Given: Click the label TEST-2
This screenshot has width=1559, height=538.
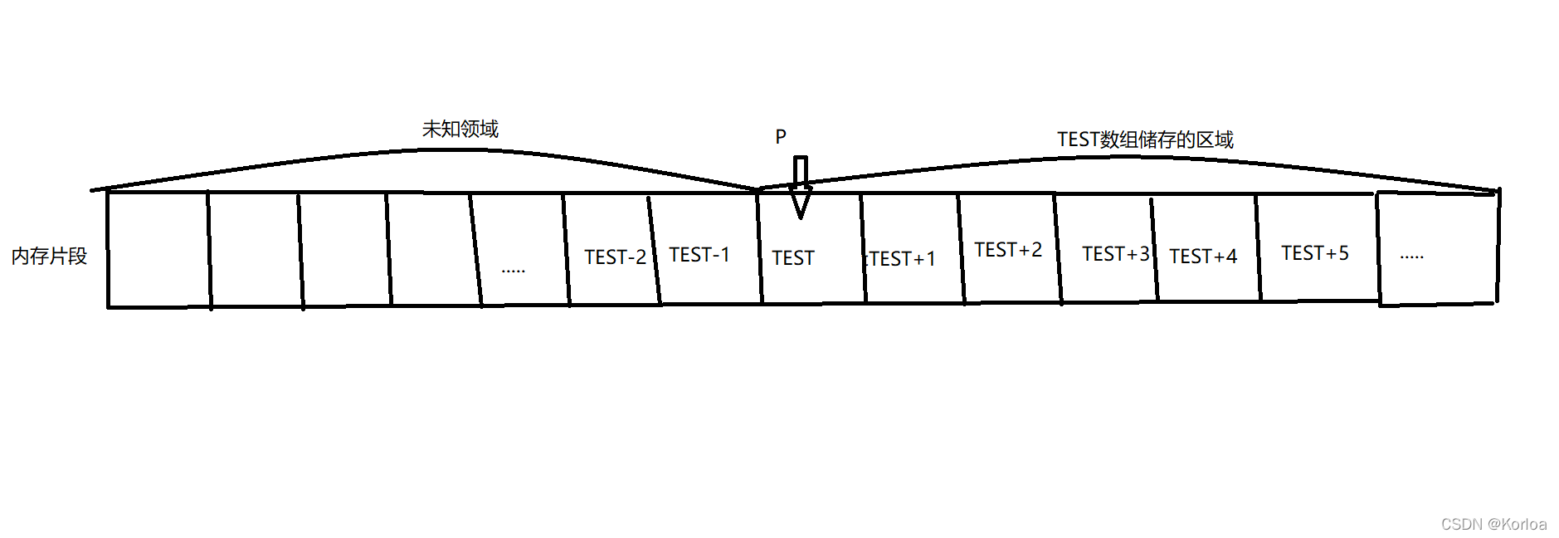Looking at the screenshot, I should coord(615,257).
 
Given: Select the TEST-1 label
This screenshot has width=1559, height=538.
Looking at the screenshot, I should coord(699,255).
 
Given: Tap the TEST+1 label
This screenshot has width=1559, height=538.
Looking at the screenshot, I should coord(902,259).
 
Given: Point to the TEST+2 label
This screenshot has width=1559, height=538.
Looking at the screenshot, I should coord(1007,250).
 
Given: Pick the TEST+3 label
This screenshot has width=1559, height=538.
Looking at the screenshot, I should coord(1115,254).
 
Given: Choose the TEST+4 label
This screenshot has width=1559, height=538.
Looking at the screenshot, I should coord(1203,257).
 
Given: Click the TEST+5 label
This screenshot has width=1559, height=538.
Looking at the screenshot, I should coord(1314,253).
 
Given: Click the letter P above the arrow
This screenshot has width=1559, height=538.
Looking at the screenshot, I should coord(781,137).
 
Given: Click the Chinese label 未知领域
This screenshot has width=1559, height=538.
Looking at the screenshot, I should coord(460,130).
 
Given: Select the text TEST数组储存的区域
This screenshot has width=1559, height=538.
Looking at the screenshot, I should coord(1145,139).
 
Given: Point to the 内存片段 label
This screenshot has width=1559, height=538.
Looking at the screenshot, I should coord(50,257).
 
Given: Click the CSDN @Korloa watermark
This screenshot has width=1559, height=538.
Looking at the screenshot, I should coord(1493,524).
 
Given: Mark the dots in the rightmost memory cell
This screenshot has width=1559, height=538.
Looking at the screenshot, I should coord(1411,257).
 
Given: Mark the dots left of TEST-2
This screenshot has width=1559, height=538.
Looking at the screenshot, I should coord(514,270).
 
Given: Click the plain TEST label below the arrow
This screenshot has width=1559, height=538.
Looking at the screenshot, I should coord(793,258).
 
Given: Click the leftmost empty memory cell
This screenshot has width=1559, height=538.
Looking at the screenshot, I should coord(158,249).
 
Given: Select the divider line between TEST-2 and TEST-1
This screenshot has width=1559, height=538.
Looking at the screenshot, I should coord(654,249).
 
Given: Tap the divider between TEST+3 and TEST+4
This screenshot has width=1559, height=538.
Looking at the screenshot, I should coord(1154,249).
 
